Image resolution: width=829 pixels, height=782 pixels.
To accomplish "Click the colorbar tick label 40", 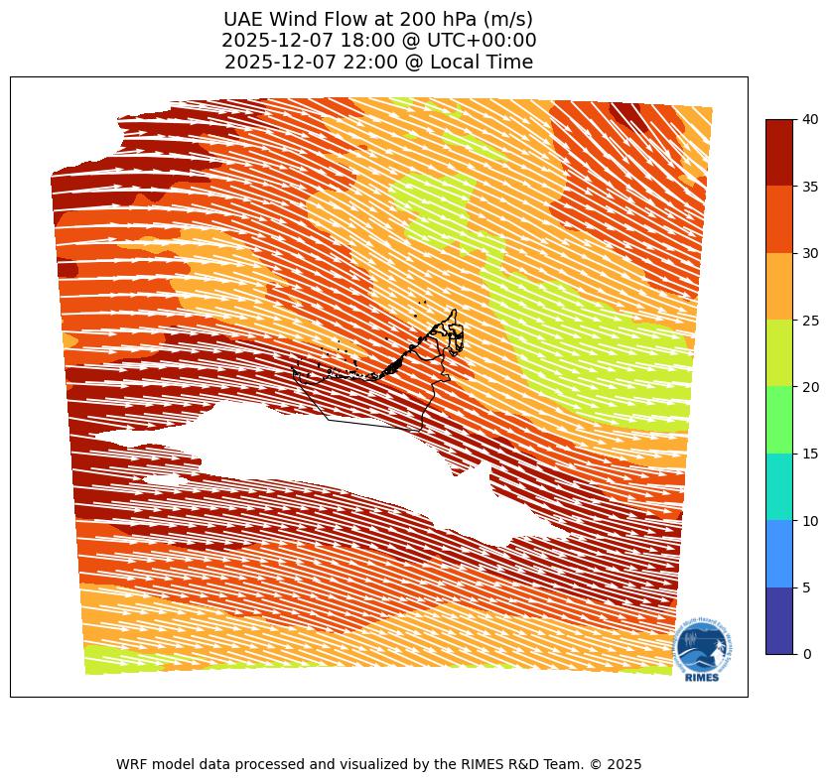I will coord(810,119).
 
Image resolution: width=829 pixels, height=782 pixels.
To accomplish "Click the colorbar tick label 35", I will coord(810,186).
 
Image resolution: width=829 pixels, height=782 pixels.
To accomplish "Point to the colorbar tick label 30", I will coord(810,253).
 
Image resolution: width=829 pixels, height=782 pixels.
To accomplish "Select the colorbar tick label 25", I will coord(810,320).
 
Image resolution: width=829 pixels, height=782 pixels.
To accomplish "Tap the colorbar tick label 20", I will coord(810,386).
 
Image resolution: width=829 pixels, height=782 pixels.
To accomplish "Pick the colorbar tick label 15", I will coord(810,454).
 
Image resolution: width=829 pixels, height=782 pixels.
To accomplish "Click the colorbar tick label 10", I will coord(810,520).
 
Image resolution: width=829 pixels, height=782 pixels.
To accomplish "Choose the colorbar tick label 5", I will coord(806,587).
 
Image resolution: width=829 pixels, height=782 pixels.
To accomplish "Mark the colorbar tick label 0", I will coord(806,654).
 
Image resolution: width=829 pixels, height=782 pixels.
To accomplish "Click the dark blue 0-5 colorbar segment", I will coord(779,620).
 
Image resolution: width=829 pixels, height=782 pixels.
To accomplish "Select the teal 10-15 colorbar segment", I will coord(779,486).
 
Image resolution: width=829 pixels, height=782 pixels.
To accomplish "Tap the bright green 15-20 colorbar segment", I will coord(779,420).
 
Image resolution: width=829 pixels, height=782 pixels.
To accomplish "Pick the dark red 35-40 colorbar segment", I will coord(779,153).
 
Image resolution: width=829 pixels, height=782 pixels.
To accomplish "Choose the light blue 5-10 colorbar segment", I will coord(779,554).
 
